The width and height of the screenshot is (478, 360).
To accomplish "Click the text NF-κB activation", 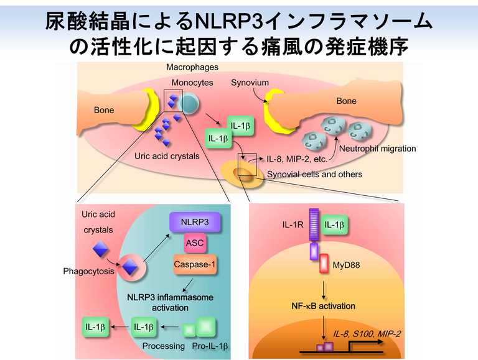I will (324, 306).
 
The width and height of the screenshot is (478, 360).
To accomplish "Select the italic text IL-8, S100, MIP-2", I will (367, 334).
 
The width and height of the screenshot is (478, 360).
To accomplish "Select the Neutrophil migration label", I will (377, 149).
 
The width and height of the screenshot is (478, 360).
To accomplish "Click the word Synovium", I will (250, 83).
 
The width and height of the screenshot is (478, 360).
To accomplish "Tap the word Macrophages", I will (192, 67).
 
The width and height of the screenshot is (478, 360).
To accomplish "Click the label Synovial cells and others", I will (314, 174).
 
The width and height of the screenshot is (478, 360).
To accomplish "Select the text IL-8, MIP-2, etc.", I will (297, 159).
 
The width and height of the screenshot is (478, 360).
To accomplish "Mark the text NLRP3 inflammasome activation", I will (169, 303).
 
